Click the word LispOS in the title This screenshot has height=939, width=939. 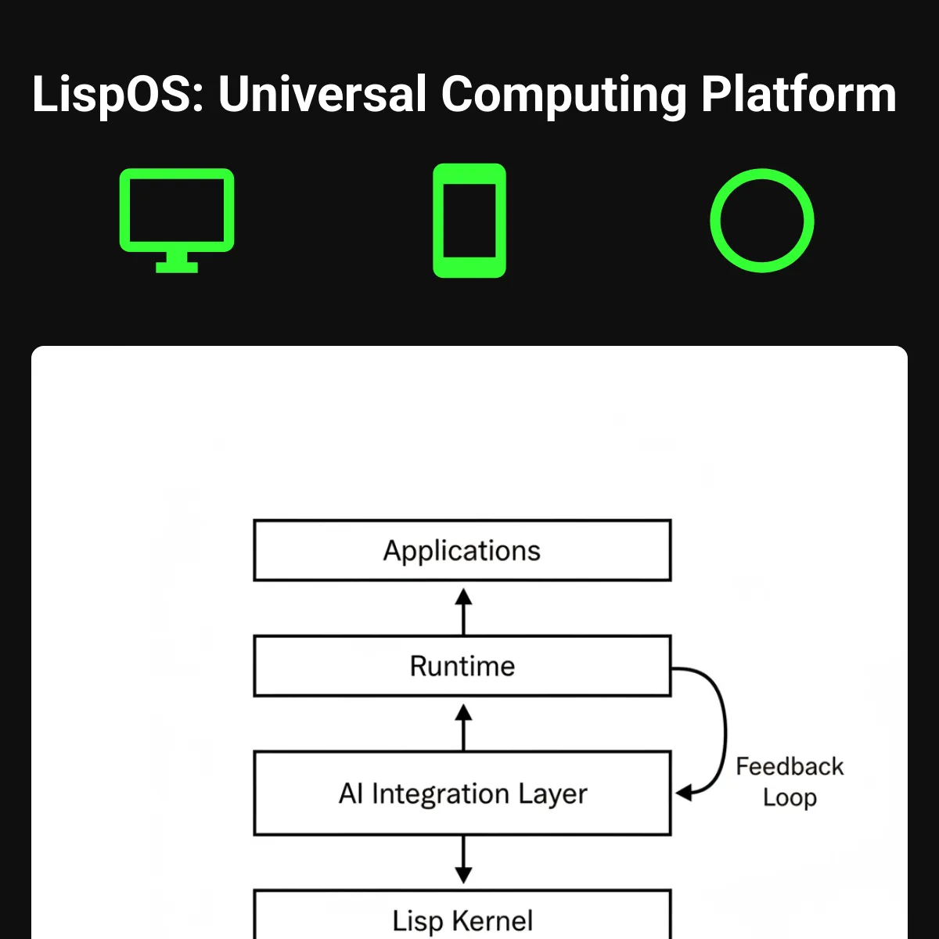(x=117, y=95)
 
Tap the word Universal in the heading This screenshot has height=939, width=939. (x=322, y=95)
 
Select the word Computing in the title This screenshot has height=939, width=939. (x=563, y=95)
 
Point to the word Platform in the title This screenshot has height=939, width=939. (x=798, y=95)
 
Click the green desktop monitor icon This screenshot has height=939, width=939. (x=177, y=211)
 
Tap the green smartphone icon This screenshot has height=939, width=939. (x=469, y=221)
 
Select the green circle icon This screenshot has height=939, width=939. (x=761, y=221)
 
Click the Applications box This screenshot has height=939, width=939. (x=462, y=550)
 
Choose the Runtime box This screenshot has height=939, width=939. (x=462, y=666)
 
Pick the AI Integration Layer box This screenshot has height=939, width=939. (x=462, y=793)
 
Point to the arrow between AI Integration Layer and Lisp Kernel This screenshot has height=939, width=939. (x=463, y=859)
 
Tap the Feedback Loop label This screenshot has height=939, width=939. (x=790, y=782)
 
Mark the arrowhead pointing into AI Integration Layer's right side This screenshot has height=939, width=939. (x=684, y=793)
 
